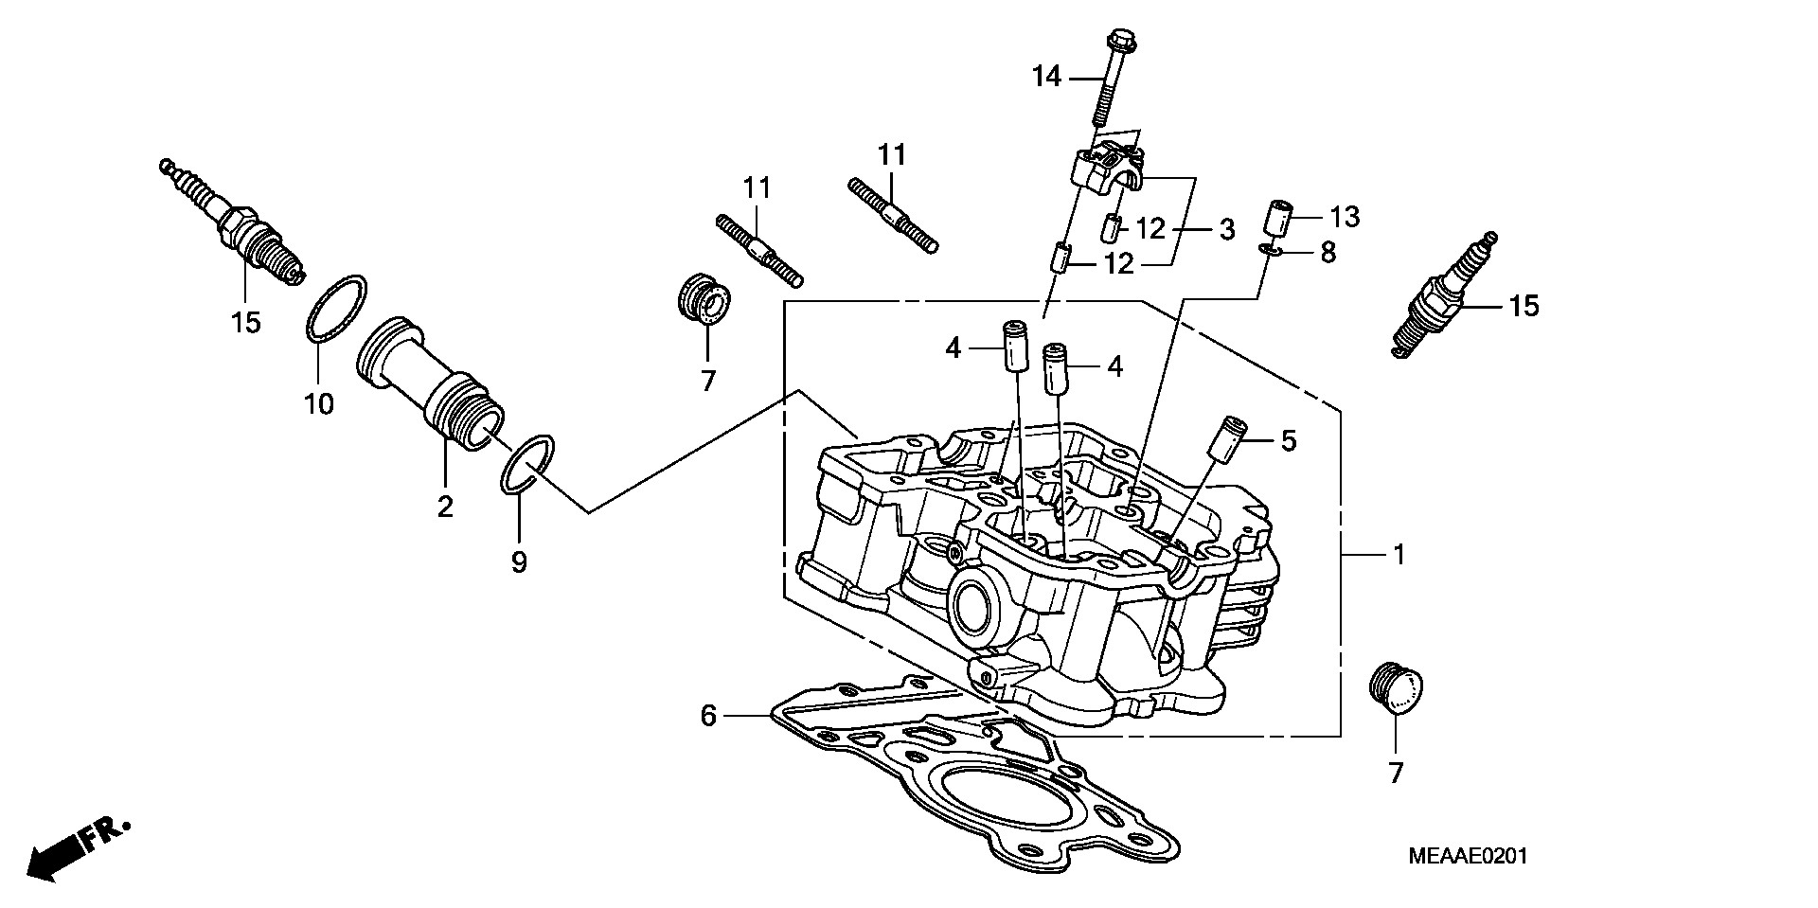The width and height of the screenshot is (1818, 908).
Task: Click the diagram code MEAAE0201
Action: (x=1468, y=857)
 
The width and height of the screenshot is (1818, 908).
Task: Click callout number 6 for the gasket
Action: (x=708, y=717)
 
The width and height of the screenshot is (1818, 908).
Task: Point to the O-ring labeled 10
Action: (x=337, y=307)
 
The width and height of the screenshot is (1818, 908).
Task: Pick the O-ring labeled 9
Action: (x=527, y=464)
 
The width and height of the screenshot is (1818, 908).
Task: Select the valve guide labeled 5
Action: (x=1228, y=441)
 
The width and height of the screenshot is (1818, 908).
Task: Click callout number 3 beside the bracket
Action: (x=1226, y=230)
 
